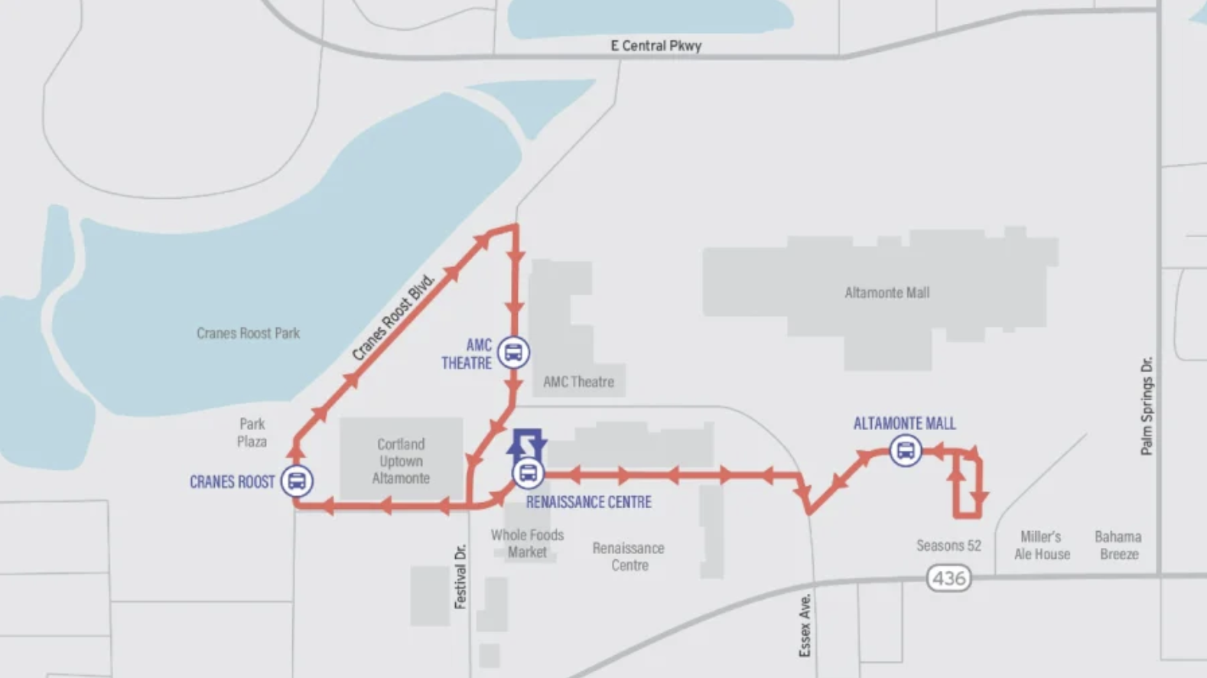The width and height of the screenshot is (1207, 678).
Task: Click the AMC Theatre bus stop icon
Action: tap(513, 353)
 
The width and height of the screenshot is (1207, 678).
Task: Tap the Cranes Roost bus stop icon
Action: tap(297, 481)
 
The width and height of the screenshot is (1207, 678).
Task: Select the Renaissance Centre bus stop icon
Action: tap(528, 473)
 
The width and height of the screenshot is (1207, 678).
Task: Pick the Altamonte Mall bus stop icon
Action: tap(906, 451)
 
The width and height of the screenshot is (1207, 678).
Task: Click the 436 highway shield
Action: tap(948, 578)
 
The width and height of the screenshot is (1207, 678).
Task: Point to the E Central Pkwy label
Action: tap(656, 46)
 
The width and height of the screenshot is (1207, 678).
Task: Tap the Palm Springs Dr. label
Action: tap(1146, 406)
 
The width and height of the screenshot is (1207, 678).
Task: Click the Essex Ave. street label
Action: tap(805, 624)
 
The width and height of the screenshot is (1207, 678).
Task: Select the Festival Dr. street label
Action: tap(460, 576)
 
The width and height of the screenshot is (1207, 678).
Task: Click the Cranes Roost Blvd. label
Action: tap(393, 317)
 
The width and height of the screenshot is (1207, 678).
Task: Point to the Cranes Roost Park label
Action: tap(248, 333)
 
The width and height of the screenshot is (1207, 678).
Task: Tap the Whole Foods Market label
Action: tap(527, 543)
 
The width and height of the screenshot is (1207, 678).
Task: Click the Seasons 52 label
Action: tap(948, 546)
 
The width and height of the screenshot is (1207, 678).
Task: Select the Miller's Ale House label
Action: tap(1041, 545)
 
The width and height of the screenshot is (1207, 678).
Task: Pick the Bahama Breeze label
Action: tap(1118, 545)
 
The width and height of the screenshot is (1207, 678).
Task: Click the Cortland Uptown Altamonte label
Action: tap(401, 461)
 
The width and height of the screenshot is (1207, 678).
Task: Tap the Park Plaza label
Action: tap(252, 432)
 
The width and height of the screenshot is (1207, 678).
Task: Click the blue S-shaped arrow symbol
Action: tap(528, 443)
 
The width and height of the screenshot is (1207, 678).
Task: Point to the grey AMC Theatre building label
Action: tap(578, 381)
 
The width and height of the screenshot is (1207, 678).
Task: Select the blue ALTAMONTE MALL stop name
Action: tap(904, 423)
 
